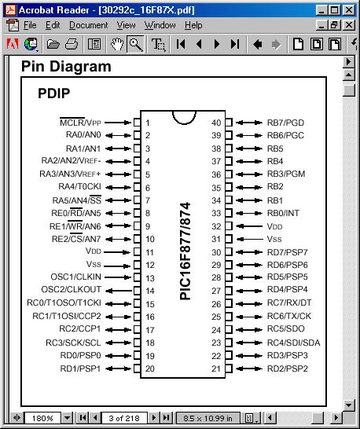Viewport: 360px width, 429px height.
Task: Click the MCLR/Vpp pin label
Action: [x=80, y=123]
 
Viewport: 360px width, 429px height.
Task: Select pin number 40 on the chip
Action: [x=216, y=123]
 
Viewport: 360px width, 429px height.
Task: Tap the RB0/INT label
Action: [x=283, y=213]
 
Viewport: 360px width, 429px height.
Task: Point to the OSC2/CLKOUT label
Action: [x=72, y=289]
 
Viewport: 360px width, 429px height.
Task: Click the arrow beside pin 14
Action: [x=119, y=291]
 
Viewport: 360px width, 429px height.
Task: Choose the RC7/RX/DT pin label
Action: [x=289, y=302]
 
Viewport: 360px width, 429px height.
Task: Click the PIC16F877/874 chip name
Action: [x=185, y=251]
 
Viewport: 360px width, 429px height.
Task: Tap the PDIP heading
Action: [x=54, y=93]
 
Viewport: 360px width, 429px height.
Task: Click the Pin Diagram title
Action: [x=66, y=67]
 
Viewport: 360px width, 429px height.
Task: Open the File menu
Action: [x=30, y=25]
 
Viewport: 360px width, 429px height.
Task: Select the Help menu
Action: [x=193, y=25]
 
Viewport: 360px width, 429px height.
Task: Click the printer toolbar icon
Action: [x=72, y=44]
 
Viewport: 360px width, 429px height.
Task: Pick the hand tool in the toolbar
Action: [x=117, y=44]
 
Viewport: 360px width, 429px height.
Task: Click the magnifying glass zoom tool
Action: [x=136, y=44]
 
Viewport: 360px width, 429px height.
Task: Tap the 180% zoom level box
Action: [x=42, y=418]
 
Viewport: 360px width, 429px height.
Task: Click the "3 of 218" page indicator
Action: [x=124, y=418]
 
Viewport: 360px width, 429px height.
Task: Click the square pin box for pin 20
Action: [x=137, y=368]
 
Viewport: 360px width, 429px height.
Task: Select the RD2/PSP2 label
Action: [x=288, y=368]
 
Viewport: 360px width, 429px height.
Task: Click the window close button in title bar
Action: [x=349, y=10]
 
